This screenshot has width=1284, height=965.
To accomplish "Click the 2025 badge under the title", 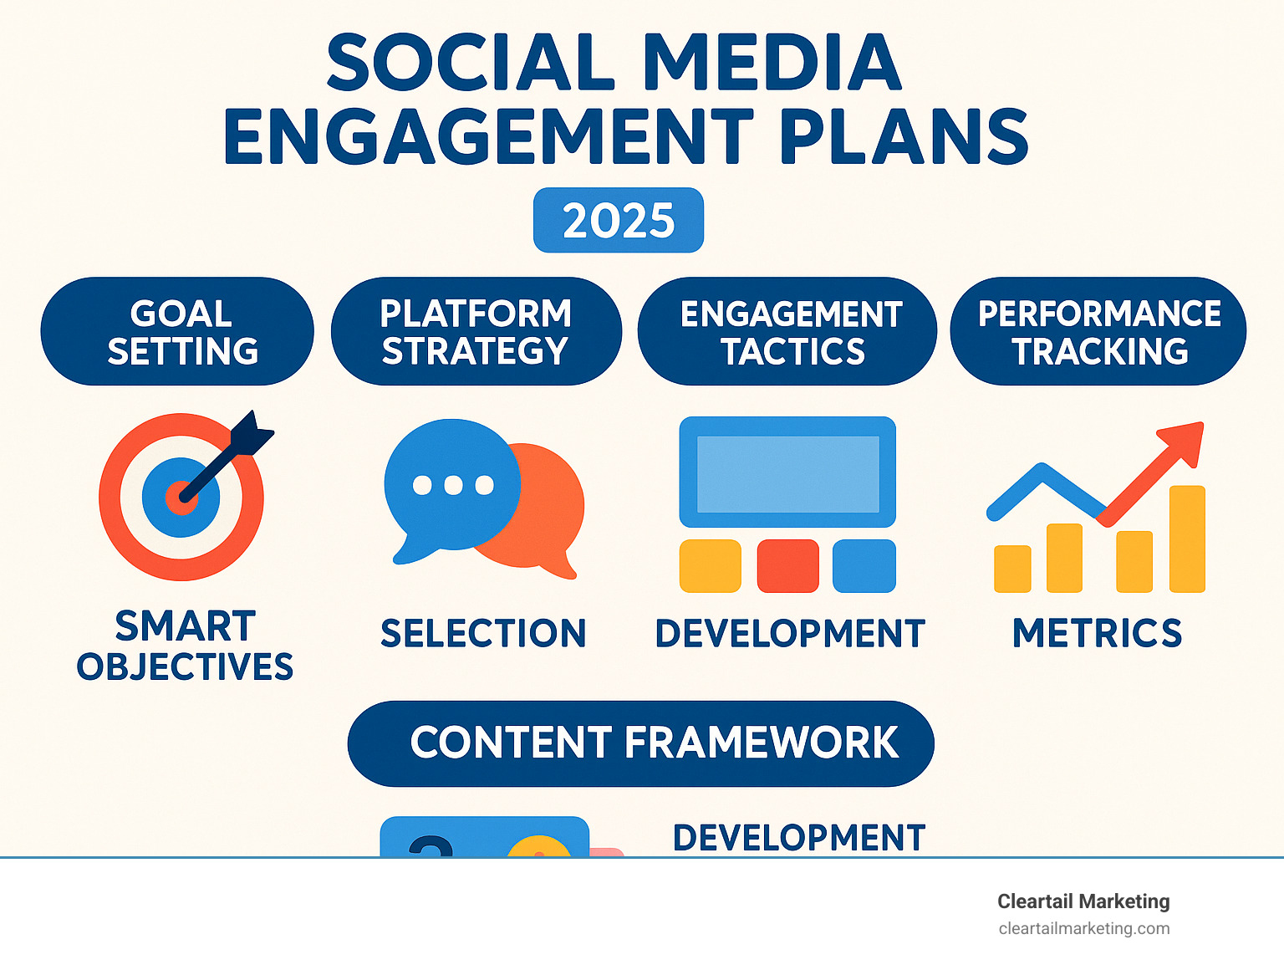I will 619,220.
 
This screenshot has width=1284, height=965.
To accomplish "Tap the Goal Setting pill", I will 177,332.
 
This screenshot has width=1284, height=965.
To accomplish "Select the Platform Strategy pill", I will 476,332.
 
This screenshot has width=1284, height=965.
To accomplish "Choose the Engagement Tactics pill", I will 787,332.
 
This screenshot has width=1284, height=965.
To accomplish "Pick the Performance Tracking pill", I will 1098,332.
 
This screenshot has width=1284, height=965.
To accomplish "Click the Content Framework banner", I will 640,743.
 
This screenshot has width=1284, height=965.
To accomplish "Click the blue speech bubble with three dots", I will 451,485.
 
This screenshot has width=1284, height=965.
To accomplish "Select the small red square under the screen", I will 787,566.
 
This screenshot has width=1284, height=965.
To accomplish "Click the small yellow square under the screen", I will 710,566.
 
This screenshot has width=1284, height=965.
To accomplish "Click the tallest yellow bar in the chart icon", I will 1186,539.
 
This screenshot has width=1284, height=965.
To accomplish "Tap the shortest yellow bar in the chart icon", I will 1011,569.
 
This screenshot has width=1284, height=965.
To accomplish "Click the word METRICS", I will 1097,633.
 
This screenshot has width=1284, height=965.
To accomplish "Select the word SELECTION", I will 483,633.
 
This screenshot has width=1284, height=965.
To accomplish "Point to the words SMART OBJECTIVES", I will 185,646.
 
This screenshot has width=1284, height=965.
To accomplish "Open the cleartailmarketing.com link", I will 1083,928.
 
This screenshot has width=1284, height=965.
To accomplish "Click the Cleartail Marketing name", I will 1083,901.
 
